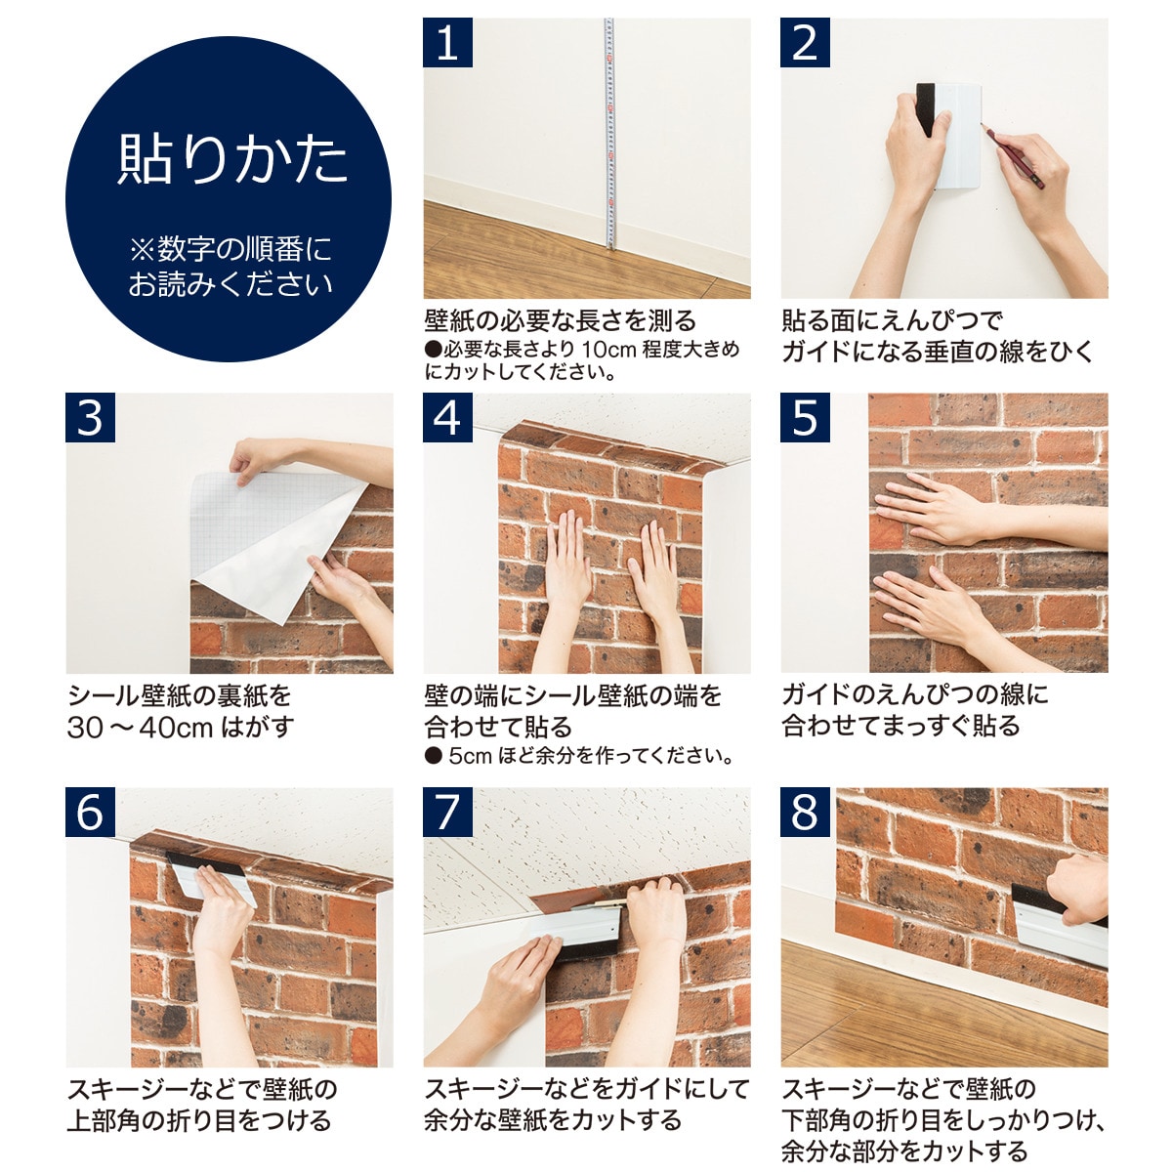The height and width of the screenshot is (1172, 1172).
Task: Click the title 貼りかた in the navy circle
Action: [232, 159]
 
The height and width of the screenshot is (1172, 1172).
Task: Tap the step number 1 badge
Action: [447, 43]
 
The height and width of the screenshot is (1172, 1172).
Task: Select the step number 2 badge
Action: [805, 43]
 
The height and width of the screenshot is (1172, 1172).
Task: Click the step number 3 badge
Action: [90, 418]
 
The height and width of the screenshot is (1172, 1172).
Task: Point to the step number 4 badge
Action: [447, 418]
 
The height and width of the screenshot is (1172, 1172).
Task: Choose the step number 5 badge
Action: [805, 418]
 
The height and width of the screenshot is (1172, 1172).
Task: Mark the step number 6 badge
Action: [90, 813]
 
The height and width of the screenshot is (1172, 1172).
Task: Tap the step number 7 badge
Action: [447, 813]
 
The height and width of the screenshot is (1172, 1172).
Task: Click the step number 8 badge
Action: [805, 813]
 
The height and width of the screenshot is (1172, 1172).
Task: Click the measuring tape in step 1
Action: [609, 137]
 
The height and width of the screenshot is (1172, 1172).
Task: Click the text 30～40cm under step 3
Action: [140, 728]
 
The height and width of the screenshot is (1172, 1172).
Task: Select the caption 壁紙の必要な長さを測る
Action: [560, 320]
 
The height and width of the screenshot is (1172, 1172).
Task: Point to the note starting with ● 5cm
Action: [579, 756]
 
